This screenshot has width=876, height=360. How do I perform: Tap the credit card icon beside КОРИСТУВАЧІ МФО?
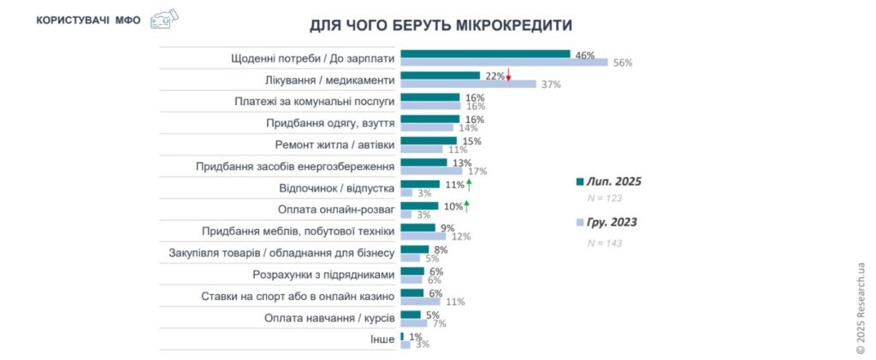click(163, 19)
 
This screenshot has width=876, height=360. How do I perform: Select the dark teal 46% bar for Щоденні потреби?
click(484, 54)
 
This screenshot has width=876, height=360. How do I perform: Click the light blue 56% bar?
click(503, 62)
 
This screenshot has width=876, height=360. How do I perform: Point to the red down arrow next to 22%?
click(508, 76)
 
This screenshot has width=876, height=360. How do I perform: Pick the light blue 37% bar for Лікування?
click(468, 84)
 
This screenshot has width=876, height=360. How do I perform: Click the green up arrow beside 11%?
click(469, 184)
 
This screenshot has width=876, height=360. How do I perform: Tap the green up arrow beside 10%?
click(466, 205)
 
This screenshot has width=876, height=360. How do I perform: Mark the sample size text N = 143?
click(605, 243)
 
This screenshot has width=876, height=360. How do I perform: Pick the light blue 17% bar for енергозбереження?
click(430, 170)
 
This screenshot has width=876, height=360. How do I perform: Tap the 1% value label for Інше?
click(416, 336)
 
